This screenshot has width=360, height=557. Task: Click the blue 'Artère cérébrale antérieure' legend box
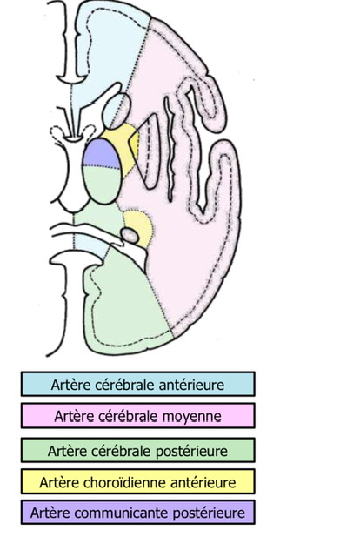pyautogui.click(x=137, y=384)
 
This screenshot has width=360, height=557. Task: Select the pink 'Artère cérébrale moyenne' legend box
pyautogui.click(x=137, y=415)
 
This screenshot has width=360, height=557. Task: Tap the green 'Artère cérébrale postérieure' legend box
pyautogui.click(x=137, y=450)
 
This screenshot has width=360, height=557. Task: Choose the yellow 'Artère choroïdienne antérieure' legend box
pyautogui.click(x=137, y=481)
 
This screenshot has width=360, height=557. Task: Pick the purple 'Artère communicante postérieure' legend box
pyautogui.click(x=137, y=513)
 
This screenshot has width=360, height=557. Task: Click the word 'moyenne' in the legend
pyautogui.click(x=192, y=416)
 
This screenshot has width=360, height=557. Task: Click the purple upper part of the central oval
pyautogui.click(x=101, y=153)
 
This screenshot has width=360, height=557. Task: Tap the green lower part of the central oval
pyautogui.click(x=102, y=185)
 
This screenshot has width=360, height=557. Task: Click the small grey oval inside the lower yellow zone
pyautogui.click(x=130, y=236)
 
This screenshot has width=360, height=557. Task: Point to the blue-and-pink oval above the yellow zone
pyautogui.click(x=117, y=111)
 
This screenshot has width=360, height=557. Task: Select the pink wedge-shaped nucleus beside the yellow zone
pyautogui.click(x=148, y=151)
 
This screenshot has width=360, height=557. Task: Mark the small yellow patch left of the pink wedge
pyautogui.click(x=135, y=142)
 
